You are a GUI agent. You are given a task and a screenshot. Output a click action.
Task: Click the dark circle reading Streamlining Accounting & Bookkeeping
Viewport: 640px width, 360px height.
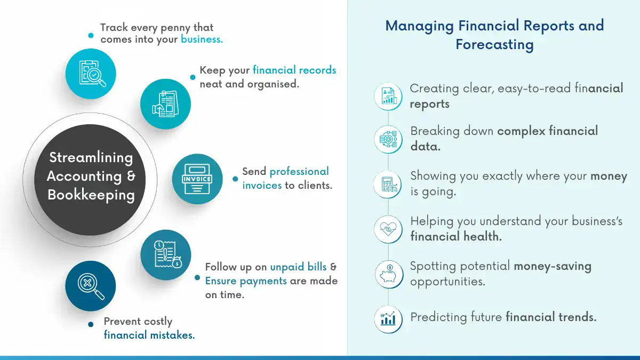coord(91,176)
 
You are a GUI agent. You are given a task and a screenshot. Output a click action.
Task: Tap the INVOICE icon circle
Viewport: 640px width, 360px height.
coord(197,179)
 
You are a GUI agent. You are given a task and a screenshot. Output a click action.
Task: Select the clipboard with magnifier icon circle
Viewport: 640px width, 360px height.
coord(91,74)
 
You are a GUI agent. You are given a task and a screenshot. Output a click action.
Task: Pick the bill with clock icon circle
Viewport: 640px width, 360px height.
coord(165,255)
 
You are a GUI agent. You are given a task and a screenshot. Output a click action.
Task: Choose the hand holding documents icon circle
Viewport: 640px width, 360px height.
coord(165,104)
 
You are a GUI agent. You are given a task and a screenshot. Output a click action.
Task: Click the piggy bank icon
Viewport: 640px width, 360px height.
coord(388,274)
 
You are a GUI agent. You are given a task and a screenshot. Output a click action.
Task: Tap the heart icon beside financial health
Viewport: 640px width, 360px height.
coord(388,229)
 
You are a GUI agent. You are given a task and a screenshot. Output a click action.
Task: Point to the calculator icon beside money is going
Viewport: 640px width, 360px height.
coord(388,185)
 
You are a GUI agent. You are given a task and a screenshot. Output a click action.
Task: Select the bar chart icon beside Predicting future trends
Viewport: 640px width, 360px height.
coord(388,319)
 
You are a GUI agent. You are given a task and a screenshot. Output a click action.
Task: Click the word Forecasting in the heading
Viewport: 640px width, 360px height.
coord(494,44)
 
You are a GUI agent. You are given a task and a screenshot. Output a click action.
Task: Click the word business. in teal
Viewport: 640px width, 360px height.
coord(202,39)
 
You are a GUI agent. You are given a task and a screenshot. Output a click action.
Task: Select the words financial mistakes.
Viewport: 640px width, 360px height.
coord(149,335)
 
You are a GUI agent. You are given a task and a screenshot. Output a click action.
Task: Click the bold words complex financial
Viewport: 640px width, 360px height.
coord(548,131)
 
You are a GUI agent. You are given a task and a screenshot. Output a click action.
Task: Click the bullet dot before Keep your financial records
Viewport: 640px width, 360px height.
coord(193,77)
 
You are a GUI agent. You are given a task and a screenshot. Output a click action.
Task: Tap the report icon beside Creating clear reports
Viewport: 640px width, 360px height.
coord(388,96)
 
